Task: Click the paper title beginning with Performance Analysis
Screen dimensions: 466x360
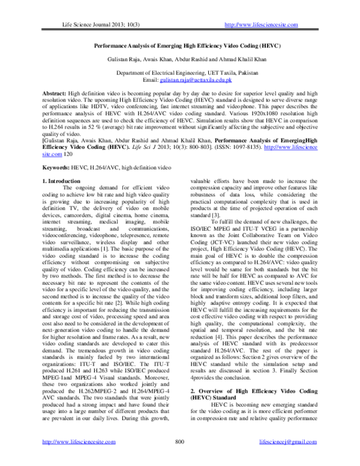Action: point(180,46)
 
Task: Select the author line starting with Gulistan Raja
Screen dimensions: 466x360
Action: point(180,59)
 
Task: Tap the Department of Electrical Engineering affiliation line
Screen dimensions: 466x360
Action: point(180,72)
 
